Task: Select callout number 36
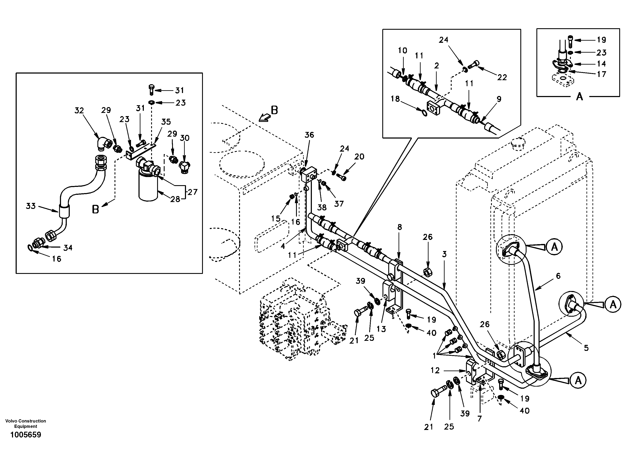coord(309,135)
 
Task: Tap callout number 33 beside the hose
coord(31,206)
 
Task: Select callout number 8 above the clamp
coord(399,227)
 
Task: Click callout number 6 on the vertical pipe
coord(558,276)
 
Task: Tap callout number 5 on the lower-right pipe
coord(586,348)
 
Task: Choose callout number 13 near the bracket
coord(381,329)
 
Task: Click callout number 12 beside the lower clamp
coord(435,370)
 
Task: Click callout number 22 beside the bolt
coord(502,77)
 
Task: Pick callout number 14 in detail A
coord(601,64)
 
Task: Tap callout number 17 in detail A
coord(601,74)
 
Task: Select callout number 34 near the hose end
coord(68,248)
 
